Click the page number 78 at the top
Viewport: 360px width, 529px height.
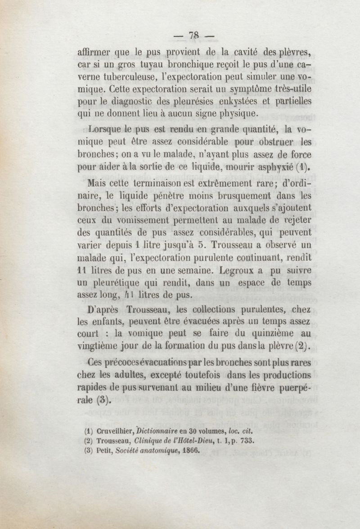[194, 35]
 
